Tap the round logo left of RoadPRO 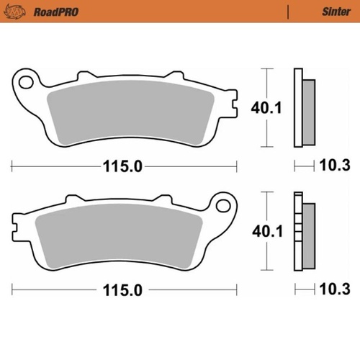(x=20, y=12)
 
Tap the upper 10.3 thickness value (x=333, y=166)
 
